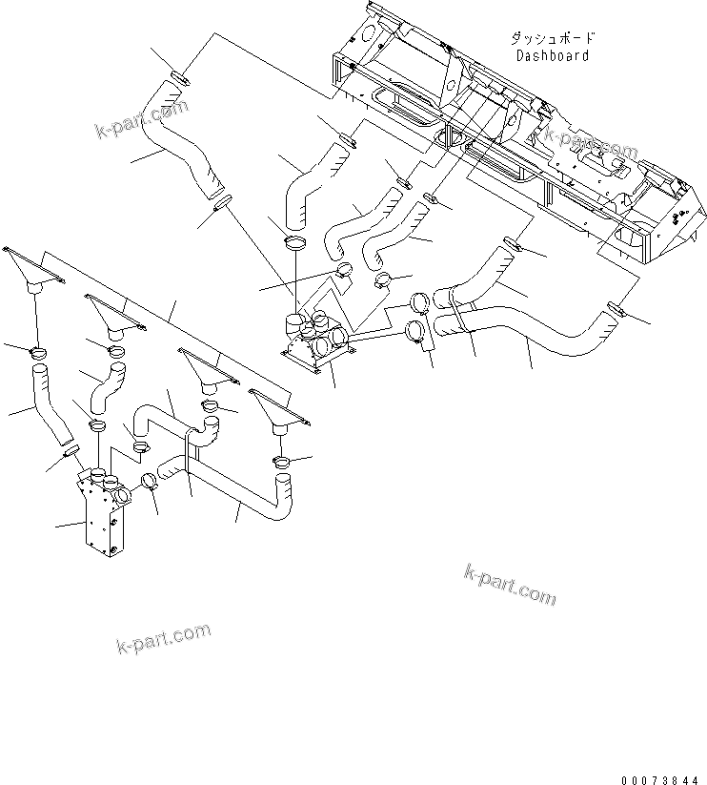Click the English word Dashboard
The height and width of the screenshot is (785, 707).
click(x=553, y=55)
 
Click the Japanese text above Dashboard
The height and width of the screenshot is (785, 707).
click(x=553, y=39)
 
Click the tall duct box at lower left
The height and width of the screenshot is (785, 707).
click(x=98, y=515)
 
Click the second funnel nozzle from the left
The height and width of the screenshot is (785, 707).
click(x=113, y=314)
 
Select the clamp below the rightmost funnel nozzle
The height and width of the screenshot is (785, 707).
click(x=283, y=463)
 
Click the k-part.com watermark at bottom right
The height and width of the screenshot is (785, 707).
click(x=509, y=584)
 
